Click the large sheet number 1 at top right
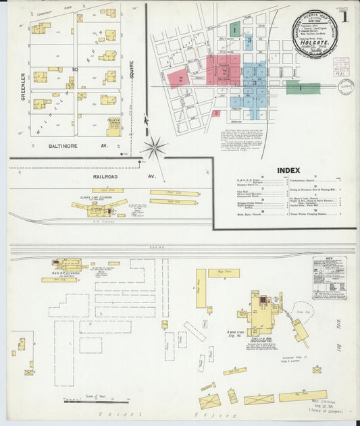click(x=344, y=18)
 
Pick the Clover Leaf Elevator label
click(x=95, y=198)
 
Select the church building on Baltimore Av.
click(x=113, y=126)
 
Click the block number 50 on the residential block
click(x=76, y=69)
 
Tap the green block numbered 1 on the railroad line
click(x=293, y=86)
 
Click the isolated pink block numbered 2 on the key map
click(x=215, y=113)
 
